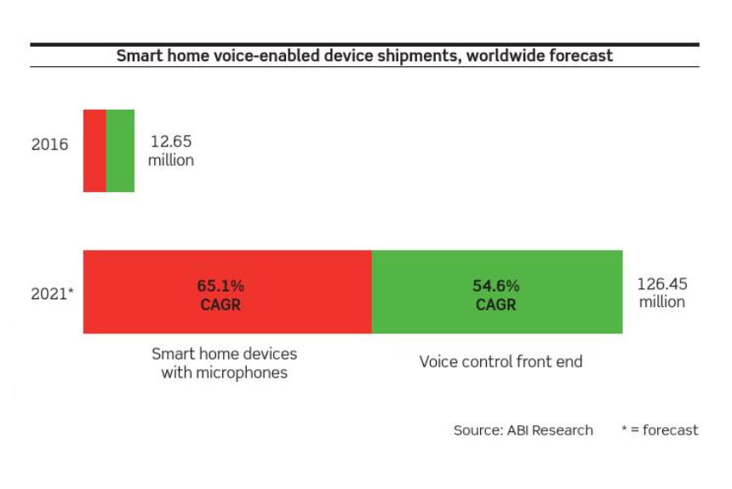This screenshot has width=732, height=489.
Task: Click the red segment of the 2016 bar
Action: [94, 151]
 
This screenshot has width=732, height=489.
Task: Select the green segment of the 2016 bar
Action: [121, 151]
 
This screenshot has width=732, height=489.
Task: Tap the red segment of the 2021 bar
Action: [228, 292]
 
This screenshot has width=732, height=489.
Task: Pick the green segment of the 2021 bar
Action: [497, 292]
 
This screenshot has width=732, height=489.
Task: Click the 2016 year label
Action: [49, 145]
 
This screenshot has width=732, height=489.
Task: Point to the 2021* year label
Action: [52, 293]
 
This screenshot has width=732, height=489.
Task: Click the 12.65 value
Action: [171, 141]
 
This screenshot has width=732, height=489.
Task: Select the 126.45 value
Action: [662, 284]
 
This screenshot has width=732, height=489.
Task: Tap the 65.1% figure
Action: [220, 286]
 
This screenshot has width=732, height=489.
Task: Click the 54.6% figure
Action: [495, 286]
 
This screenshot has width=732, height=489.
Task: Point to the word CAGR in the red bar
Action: [220, 304]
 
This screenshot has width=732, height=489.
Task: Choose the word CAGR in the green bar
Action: [495, 304]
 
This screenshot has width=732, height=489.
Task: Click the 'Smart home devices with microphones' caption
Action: [224, 363]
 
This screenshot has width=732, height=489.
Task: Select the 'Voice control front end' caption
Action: [501, 361]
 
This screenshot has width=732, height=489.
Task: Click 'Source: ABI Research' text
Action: [523, 429]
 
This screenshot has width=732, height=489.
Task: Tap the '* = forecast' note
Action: [660, 429]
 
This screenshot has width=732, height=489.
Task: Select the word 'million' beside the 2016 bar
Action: [171, 160]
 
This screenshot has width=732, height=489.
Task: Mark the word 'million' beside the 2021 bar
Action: [662, 302]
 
